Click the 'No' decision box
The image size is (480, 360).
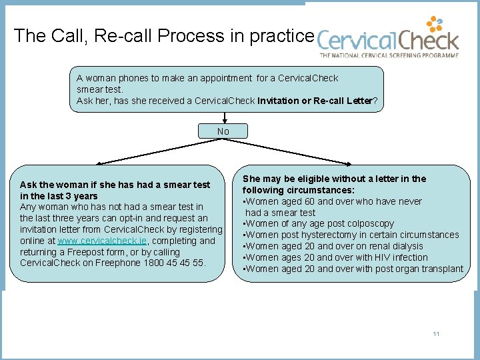223,131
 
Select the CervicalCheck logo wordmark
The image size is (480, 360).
388,41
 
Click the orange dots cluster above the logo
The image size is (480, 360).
435,25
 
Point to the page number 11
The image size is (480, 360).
436,334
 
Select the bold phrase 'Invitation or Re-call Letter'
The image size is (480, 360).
316,101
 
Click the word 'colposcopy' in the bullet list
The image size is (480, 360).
371,223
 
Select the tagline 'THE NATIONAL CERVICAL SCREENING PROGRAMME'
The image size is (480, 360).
389,56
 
